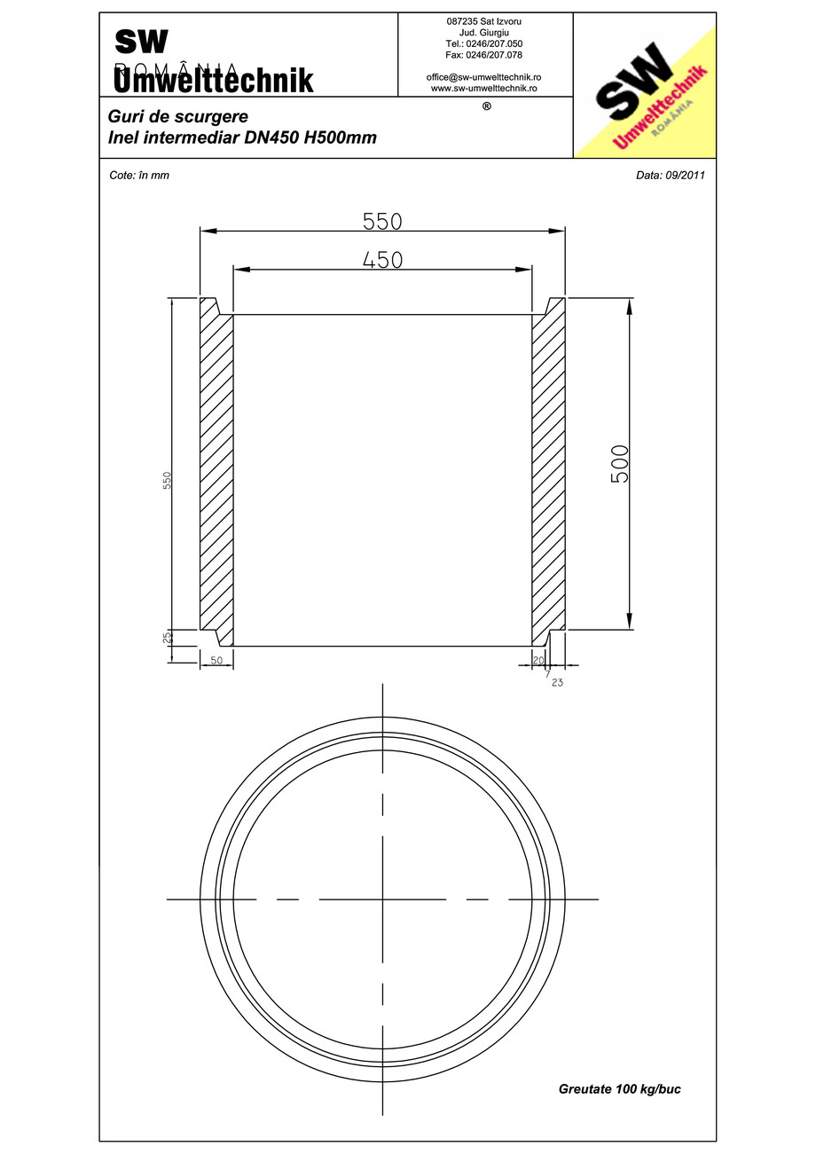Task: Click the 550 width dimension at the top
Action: coord(382,221)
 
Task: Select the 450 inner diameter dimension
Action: coord(382,259)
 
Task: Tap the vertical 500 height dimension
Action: coord(620,463)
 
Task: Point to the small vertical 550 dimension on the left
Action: coord(167,480)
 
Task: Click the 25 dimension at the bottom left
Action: coord(167,637)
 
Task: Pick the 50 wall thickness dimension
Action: coord(216,661)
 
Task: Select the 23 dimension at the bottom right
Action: coord(557,683)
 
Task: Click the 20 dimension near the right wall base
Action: coord(538,661)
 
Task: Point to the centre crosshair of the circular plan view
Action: coord(382,899)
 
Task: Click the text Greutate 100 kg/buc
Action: coord(619,1088)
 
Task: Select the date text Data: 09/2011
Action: coord(670,175)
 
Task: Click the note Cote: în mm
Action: coord(138,175)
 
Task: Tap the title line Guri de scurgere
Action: coord(177,116)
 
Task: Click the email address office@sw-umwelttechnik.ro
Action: coord(484,77)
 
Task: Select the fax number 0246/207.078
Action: coord(484,55)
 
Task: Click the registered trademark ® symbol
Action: coord(485,106)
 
